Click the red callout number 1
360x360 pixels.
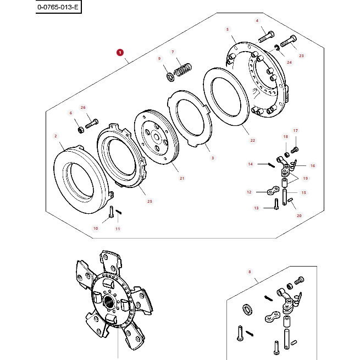119,53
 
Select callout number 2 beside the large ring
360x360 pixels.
56,136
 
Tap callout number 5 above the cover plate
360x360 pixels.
228,29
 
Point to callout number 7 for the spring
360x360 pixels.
173,52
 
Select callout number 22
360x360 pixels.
253,140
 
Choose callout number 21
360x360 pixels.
182,178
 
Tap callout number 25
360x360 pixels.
149,201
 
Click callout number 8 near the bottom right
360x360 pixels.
249,272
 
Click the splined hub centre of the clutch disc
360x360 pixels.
109,301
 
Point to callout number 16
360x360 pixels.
313,165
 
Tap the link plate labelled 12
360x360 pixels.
270,192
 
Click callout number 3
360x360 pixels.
213,158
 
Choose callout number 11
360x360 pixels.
118,228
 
